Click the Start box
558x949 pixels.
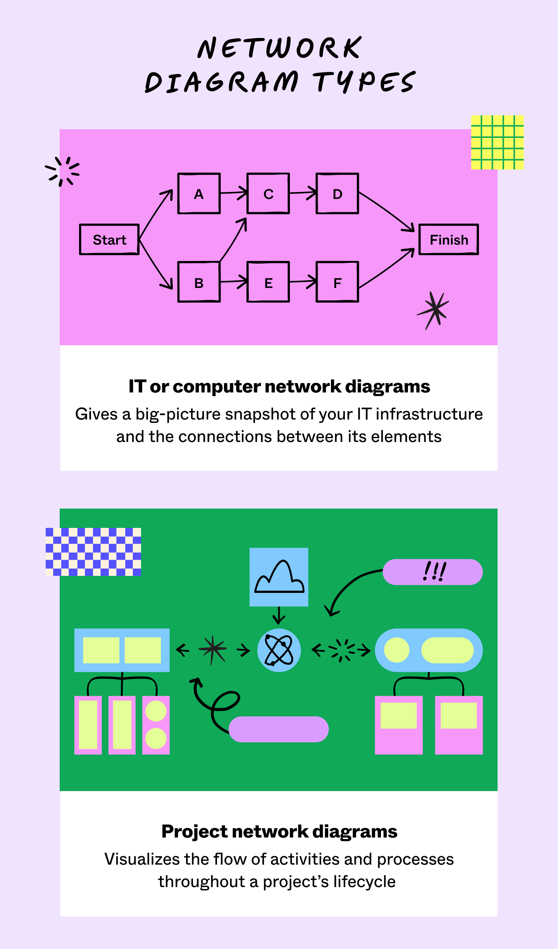[x=109, y=240]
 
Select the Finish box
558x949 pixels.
[x=449, y=240]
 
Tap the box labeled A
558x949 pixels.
[x=199, y=194]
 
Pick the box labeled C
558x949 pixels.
[x=268, y=194]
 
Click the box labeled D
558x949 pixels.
[x=337, y=194]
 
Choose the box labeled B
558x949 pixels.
[x=199, y=282]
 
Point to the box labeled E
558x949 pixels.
[x=268, y=282]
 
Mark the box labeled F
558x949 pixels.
[x=337, y=282]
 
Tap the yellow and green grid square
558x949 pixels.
[x=497, y=142]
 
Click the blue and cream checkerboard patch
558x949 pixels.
[x=93, y=552]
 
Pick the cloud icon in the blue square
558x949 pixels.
[x=279, y=577]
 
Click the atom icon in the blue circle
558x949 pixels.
[x=279, y=650]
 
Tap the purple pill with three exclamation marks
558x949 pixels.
[x=432, y=572]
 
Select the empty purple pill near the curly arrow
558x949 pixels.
[x=279, y=729]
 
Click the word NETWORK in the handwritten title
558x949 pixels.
[x=279, y=48]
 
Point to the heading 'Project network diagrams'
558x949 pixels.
[x=279, y=831]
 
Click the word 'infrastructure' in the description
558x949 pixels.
[x=429, y=414]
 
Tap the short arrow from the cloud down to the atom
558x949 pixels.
[x=279, y=615]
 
